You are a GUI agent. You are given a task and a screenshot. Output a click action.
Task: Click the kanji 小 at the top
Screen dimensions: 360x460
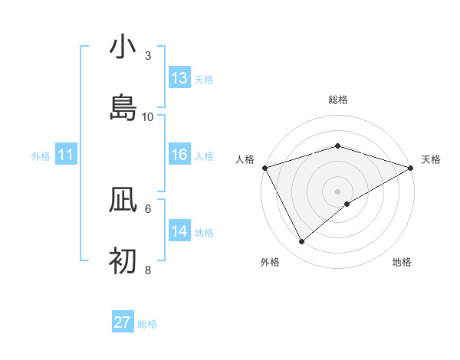(x=123, y=47)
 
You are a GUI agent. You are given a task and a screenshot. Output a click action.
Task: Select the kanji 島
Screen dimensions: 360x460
(x=123, y=107)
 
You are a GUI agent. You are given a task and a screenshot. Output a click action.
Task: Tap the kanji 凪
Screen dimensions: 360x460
(x=123, y=201)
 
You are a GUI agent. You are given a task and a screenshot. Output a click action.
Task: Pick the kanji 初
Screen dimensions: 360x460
(x=123, y=262)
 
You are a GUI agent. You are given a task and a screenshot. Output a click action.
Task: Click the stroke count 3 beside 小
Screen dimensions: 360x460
(x=148, y=56)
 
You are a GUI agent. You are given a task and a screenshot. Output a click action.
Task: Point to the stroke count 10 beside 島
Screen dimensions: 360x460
(x=148, y=116)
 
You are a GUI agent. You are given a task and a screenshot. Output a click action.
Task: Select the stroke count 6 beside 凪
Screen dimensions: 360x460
(x=148, y=208)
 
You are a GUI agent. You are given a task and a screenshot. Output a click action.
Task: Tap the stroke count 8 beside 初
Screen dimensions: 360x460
(x=148, y=270)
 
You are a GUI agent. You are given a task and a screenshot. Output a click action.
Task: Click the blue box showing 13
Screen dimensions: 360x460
(x=179, y=78)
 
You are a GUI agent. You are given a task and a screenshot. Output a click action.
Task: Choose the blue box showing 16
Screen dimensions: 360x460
(x=179, y=155)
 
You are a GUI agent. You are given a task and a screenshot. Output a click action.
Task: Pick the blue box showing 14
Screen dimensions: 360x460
(x=179, y=231)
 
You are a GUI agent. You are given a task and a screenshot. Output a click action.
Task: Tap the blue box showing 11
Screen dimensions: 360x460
(x=66, y=155)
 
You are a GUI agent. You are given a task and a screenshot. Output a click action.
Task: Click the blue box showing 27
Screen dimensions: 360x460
(x=123, y=322)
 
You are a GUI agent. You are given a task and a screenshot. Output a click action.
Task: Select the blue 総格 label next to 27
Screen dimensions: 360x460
(x=147, y=324)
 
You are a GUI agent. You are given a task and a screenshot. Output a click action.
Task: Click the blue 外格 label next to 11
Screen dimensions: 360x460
(x=41, y=156)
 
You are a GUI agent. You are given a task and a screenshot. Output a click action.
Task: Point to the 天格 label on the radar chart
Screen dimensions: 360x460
(x=431, y=159)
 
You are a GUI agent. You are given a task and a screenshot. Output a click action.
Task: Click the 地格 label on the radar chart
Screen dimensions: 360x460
(x=402, y=263)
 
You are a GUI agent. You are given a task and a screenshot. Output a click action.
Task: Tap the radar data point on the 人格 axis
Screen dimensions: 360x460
(x=264, y=167)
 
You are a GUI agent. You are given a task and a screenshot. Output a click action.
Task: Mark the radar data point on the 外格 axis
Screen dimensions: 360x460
(x=302, y=242)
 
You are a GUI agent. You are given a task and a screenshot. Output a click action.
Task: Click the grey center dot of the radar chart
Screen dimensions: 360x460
(x=337, y=191)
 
